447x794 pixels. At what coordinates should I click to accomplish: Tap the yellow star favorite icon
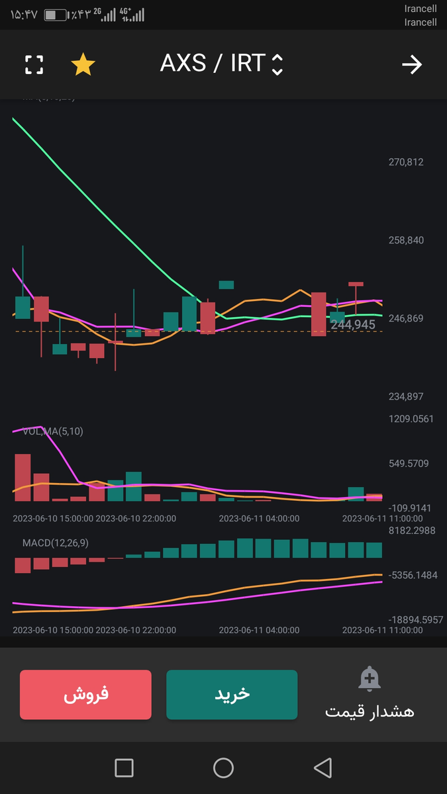(x=83, y=65)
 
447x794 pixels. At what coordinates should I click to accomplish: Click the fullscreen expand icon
(x=34, y=65)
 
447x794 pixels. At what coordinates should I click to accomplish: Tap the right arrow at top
(x=412, y=65)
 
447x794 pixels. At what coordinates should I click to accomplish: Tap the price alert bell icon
(x=369, y=679)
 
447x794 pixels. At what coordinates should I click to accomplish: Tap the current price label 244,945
(x=353, y=325)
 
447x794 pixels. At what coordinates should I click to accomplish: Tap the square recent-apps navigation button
(x=124, y=768)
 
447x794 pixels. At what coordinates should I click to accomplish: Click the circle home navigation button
(x=223, y=768)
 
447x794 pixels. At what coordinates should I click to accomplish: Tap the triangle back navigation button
(x=323, y=768)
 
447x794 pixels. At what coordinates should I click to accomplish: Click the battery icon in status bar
(x=55, y=15)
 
